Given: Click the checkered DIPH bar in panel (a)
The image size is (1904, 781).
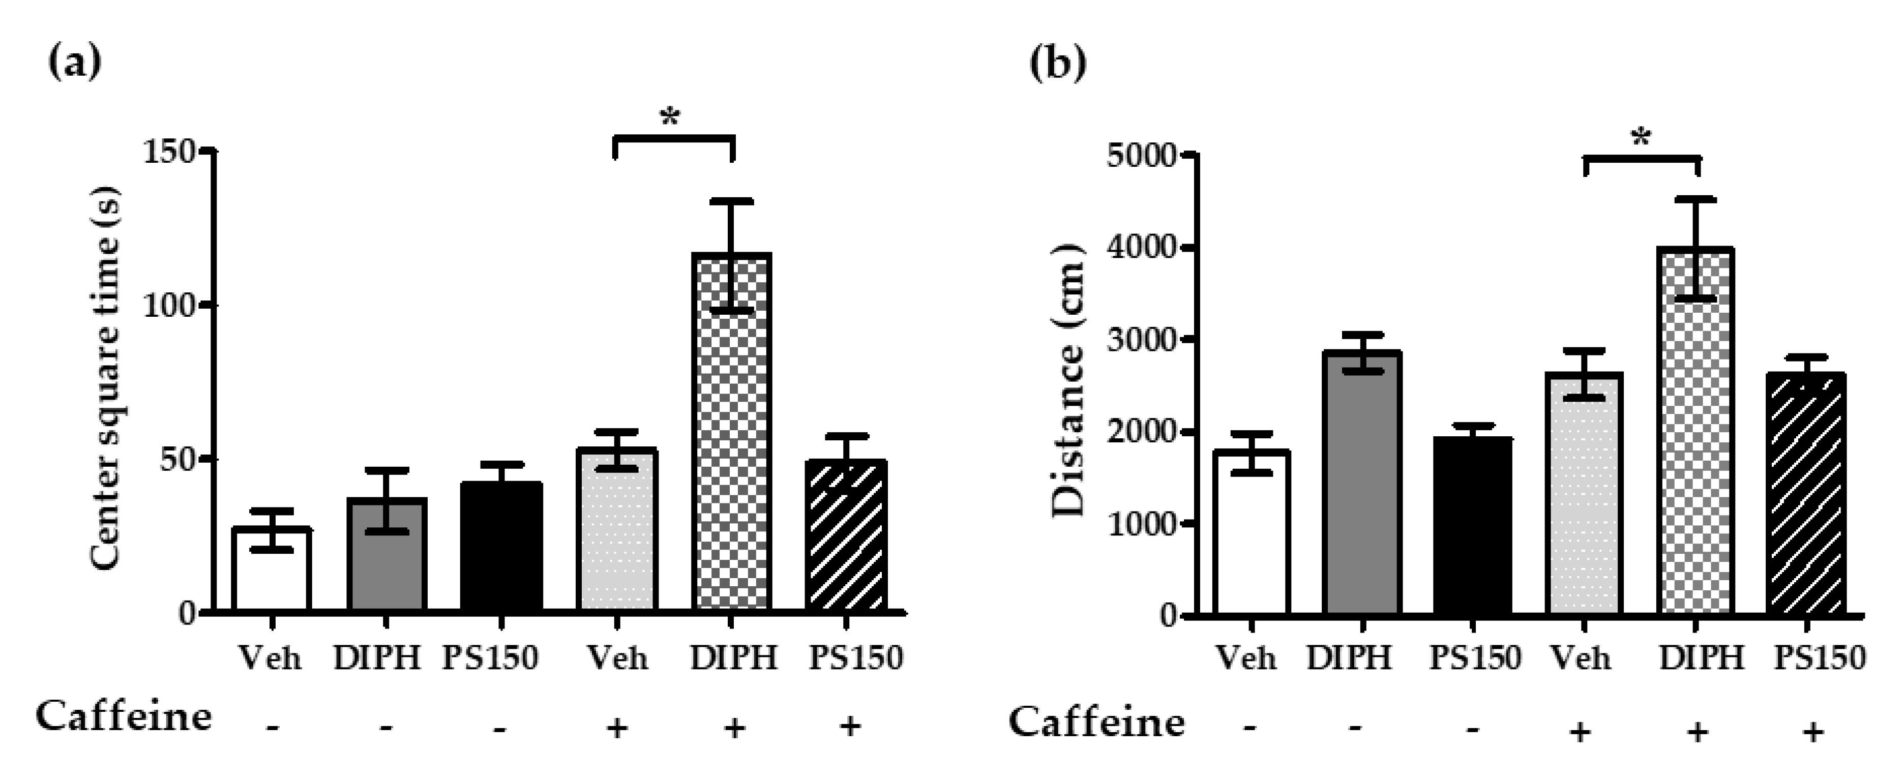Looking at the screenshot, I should coord(732,443).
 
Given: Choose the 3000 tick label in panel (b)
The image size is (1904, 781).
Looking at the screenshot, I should coord(1143,340).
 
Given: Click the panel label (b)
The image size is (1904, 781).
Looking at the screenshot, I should coord(1058,64).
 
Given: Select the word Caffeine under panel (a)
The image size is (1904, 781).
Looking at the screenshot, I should coord(124,715).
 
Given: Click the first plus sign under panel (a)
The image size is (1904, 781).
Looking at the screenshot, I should coord(617,728).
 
